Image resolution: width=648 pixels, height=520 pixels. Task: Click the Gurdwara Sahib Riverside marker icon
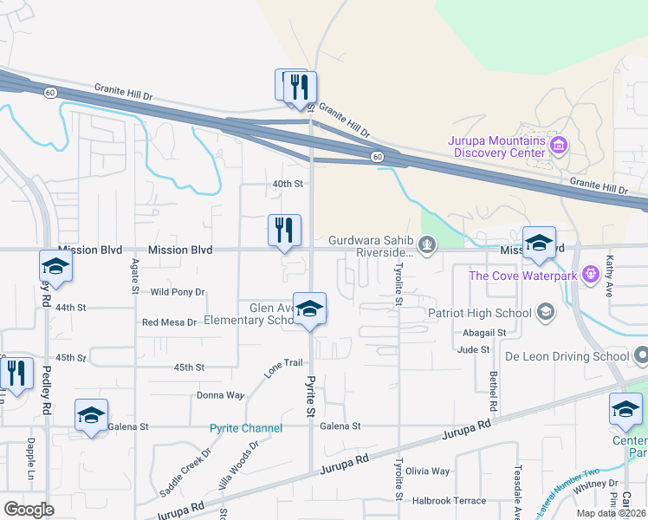pyautogui.click(x=426, y=245)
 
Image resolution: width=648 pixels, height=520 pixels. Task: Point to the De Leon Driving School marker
pyautogui.click(x=641, y=355)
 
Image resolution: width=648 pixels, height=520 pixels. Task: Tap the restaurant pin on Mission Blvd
pyautogui.click(x=284, y=231)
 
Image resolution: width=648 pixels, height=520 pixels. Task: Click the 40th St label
pyautogui.click(x=288, y=184)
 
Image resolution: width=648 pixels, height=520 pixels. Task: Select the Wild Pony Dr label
pyautogui.click(x=178, y=293)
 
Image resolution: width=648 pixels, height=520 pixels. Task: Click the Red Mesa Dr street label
pyautogui.click(x=170, y=322)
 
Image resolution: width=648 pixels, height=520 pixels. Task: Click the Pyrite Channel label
pyautogui.click(x=246, y=428)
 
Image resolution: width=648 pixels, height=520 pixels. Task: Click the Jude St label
pyautogui.click(x=473, y=349)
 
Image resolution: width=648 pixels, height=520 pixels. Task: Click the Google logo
pyautogui.click(x=29, y=510)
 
